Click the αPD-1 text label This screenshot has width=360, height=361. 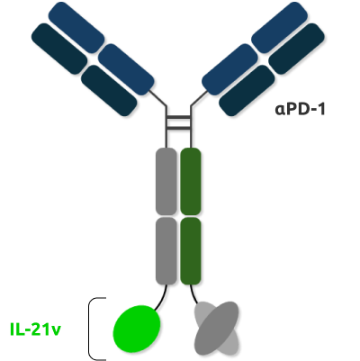(300, 109)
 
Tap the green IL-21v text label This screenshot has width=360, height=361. (35, 329)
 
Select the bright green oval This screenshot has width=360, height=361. (137, 329)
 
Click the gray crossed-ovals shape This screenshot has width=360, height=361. (217, 328)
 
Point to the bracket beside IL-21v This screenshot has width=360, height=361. (89, 329)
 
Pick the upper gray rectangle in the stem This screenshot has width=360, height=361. (166, 181)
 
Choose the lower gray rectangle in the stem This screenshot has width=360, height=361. (166, 251)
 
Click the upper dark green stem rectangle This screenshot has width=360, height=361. (191, 181)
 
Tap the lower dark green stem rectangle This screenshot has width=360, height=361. (191, 251)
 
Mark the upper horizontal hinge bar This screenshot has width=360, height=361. (178, 117)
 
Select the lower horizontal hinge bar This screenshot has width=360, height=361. (178, 128)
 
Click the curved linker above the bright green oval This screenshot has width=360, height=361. (162, 298)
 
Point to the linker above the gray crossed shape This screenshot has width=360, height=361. (193, 294)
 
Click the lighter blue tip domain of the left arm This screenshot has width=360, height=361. (76, 28)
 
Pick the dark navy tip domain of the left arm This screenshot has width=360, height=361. (59, 49)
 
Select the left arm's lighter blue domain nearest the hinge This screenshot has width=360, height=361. (126, 69)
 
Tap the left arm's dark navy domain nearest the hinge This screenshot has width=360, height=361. (109, 90)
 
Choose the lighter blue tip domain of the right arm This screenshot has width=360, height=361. (279, 28)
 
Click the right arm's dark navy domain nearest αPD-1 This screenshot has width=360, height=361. (247, 90)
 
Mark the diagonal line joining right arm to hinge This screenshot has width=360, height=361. (199, 98)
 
